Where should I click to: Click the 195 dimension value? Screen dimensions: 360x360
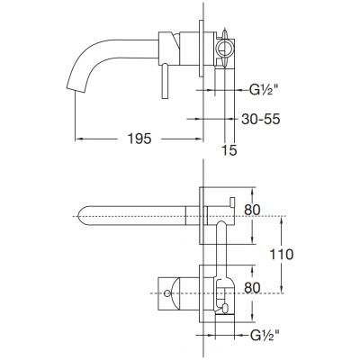coord(139,139)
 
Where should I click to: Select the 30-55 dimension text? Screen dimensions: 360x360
coord(261,119)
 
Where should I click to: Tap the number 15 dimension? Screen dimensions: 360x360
coord(229,150)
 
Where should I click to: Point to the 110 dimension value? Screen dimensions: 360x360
coord(281,255)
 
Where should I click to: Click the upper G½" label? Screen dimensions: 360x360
coord(262,89)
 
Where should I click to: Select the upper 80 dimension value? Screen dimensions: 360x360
coord(252,210)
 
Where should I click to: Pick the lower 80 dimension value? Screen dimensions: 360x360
coord(252,288)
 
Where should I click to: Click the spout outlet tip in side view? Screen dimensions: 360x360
coord(75,89)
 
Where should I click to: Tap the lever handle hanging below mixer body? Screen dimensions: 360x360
coord(166,81)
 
